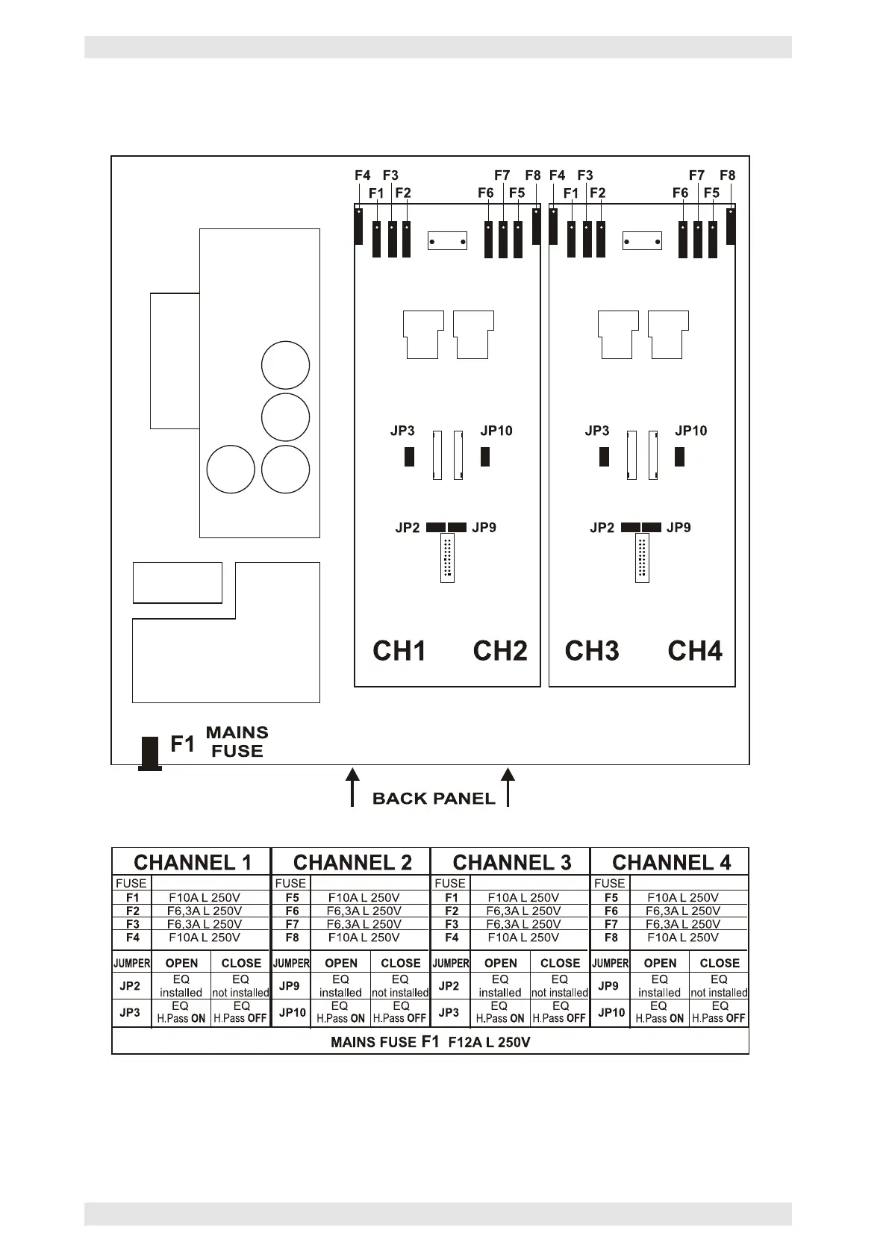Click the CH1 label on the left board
(399, 651)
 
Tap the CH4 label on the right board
(694, 651)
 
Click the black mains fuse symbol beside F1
(150, 752)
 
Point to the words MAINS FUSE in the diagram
(237, 742)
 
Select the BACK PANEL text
(434, 799)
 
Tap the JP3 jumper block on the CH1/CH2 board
(409, 456)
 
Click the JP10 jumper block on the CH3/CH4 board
(679, 456)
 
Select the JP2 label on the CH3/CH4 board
(602, 528)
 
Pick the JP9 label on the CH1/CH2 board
(484, 528)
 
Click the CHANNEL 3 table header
(511, 863)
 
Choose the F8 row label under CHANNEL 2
(292, 938)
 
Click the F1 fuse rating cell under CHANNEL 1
(205, 897)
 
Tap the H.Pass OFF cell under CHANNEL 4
(719, 1012)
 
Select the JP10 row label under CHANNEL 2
(292, 1012)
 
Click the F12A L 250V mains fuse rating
(489, 1043)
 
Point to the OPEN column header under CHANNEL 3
(500, 963)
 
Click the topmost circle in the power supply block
(285, 366)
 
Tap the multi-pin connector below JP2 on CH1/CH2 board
(447, 558)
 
